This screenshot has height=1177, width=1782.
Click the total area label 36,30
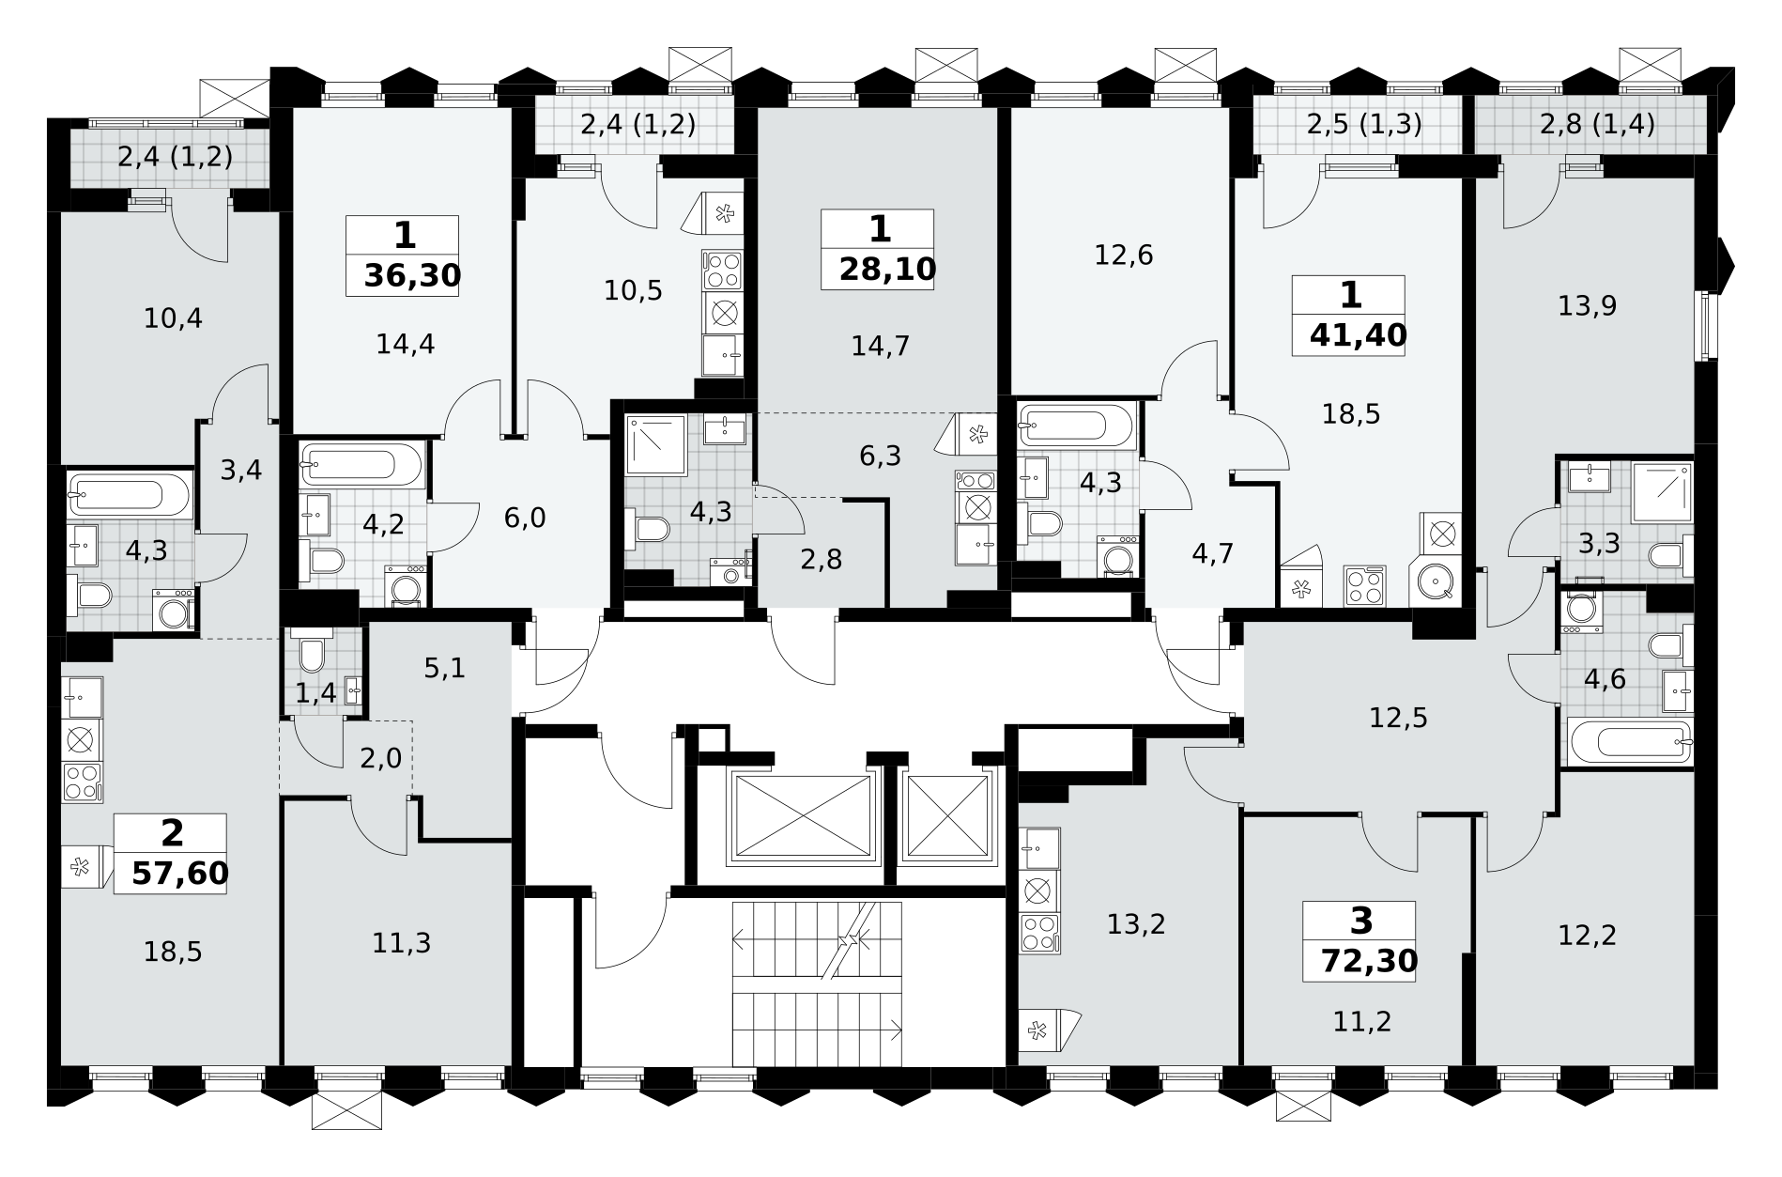pyautogui.click(x=413, y=275)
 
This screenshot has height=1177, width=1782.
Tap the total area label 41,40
pyautogui.click(x=1359, y=335)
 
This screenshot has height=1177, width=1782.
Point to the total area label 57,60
pyautogui.click(x=180, y=874)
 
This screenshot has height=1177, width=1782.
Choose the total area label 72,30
pyautogui.click(x=1369, y=961)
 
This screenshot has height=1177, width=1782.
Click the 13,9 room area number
pyautogui.click(x=1588, y=306)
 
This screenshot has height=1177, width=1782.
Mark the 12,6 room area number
pyautogui.click(x=1124, y=255)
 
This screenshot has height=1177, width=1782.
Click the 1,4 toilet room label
pyautogui.click(x=315, y=694)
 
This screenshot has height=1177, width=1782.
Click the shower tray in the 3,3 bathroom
pyautogui.click(x=1662, y=491)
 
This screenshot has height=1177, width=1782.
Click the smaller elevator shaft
pyautogui.click(x=946, y=816)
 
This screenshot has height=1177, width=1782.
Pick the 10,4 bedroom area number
pyautogui.click(x=173, y=319)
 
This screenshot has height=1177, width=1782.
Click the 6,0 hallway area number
pyautogui.click(x=525, y=518)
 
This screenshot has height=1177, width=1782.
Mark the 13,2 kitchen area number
pyautogui.click(x=1136, y=924)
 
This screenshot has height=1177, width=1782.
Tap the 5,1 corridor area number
pyautogui.click(x=445, y=669)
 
